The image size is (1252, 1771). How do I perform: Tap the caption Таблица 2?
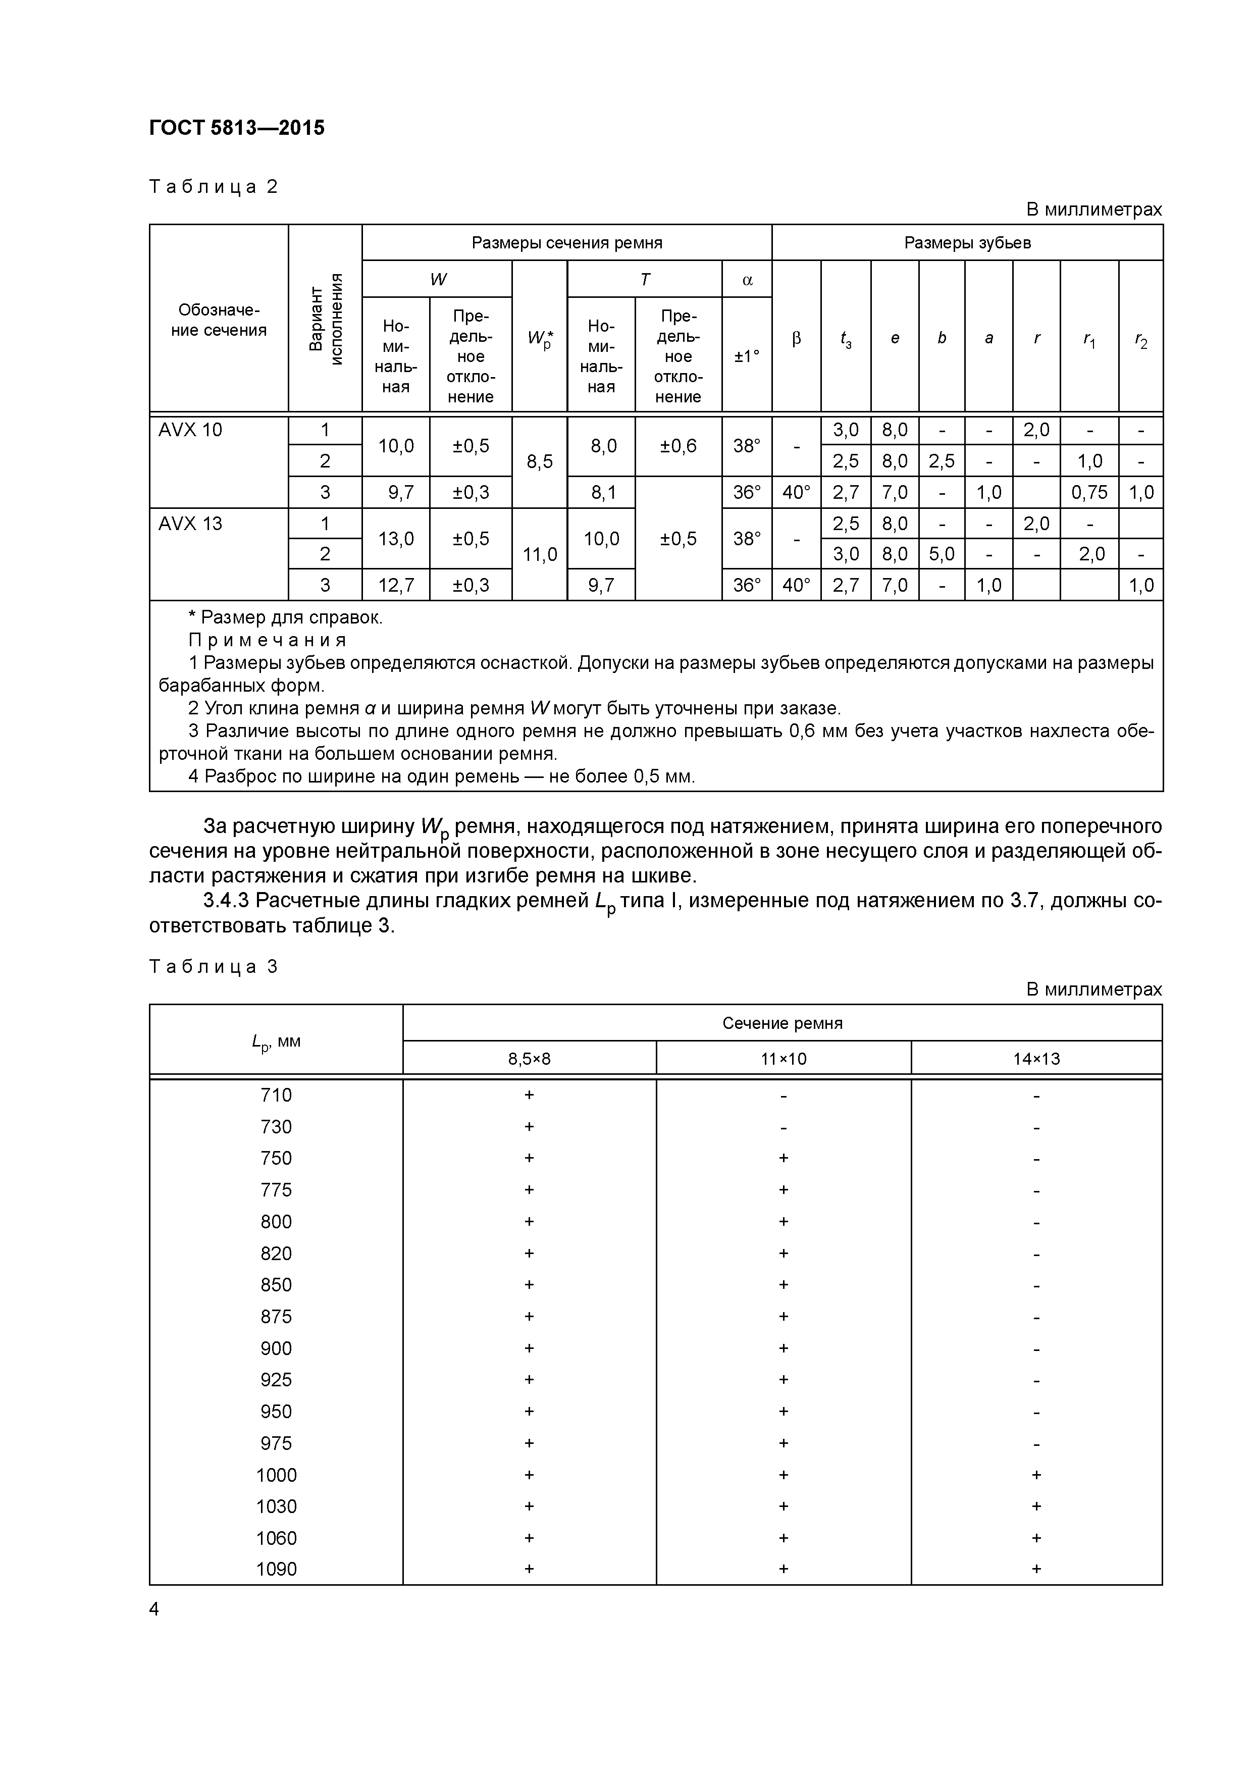(213, 187)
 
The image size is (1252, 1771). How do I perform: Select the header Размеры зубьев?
(967, 243)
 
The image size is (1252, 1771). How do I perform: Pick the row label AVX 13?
(190, 524)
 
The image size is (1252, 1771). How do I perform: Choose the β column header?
(796, 338)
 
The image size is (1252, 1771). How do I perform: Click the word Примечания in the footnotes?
(268, 640)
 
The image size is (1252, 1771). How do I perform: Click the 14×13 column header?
(1036, 1058)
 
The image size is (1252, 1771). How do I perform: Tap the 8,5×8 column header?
(529, 1058)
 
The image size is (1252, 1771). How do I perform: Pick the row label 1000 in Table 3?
(276, 1475)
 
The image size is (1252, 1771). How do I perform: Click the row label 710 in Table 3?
(276, 1096)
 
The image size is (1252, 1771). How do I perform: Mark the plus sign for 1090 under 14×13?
(1036, 1569)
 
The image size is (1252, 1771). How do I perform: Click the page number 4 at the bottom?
(154, 1609)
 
